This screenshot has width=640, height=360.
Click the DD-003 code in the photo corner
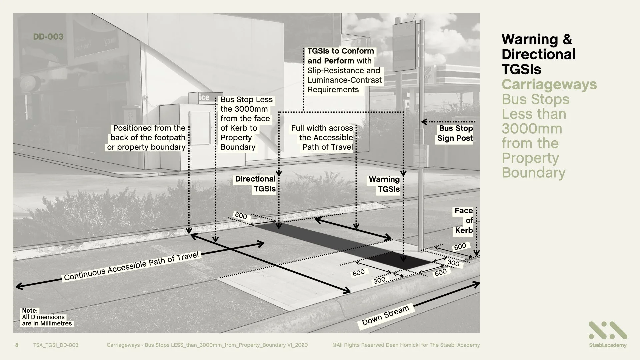pyautogui.click(x=48, y=37)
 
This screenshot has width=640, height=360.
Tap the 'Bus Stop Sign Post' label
pyautogui.click(x=455, y=133)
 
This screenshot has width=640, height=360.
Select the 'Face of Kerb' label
pyautogui.click(x=464, y=220)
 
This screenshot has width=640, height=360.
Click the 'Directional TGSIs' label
pyautogui.click(x=256, y=184)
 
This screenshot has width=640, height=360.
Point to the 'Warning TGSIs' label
pyautogui.click(x=384, y=184)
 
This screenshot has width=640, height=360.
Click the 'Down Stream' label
pyautogui.click(x=385, y=315)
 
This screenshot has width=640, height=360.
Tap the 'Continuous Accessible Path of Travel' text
pyautogui.click(x=131, y=266)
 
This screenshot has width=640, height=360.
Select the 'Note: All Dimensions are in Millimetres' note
pyautogui.click(x=47, y=317)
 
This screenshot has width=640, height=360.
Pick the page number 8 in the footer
pyautogui.click(x=17, y=345)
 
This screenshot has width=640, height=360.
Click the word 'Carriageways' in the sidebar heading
pyautogui.click(x=549, y=84)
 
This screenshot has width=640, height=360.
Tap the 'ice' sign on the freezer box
pyautogui.click(x=204, y=97)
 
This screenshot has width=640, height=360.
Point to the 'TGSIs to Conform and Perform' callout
pyautogui.click(x=343, y=70)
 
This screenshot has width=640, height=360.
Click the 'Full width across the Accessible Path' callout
pyautogui.click(x=322, y=138)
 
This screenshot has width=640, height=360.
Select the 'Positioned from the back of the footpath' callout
pyautogui.click(x=147, y=138)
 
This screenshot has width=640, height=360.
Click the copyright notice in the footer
pyautogui.click(x=406, y=345)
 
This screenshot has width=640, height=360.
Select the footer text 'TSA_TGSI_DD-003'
pyautogui.click(x=56, y=345)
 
